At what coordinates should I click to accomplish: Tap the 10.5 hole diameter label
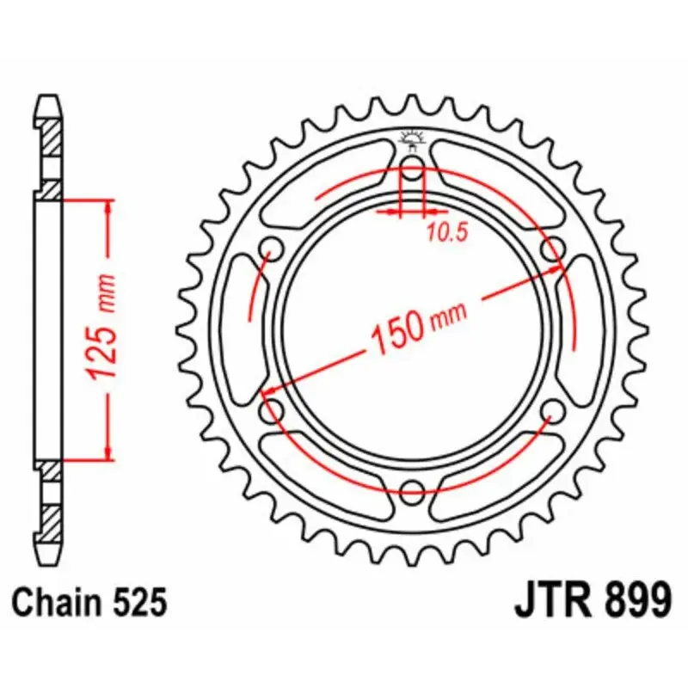pyautogui.click(x=445, y=231)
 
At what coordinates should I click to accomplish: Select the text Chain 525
pyautogui.click(x=89, y=602)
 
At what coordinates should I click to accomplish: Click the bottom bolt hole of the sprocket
pyautogui.click(x=413, y=492)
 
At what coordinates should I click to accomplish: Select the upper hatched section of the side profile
pyautogui.click(x=51, y=138)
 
